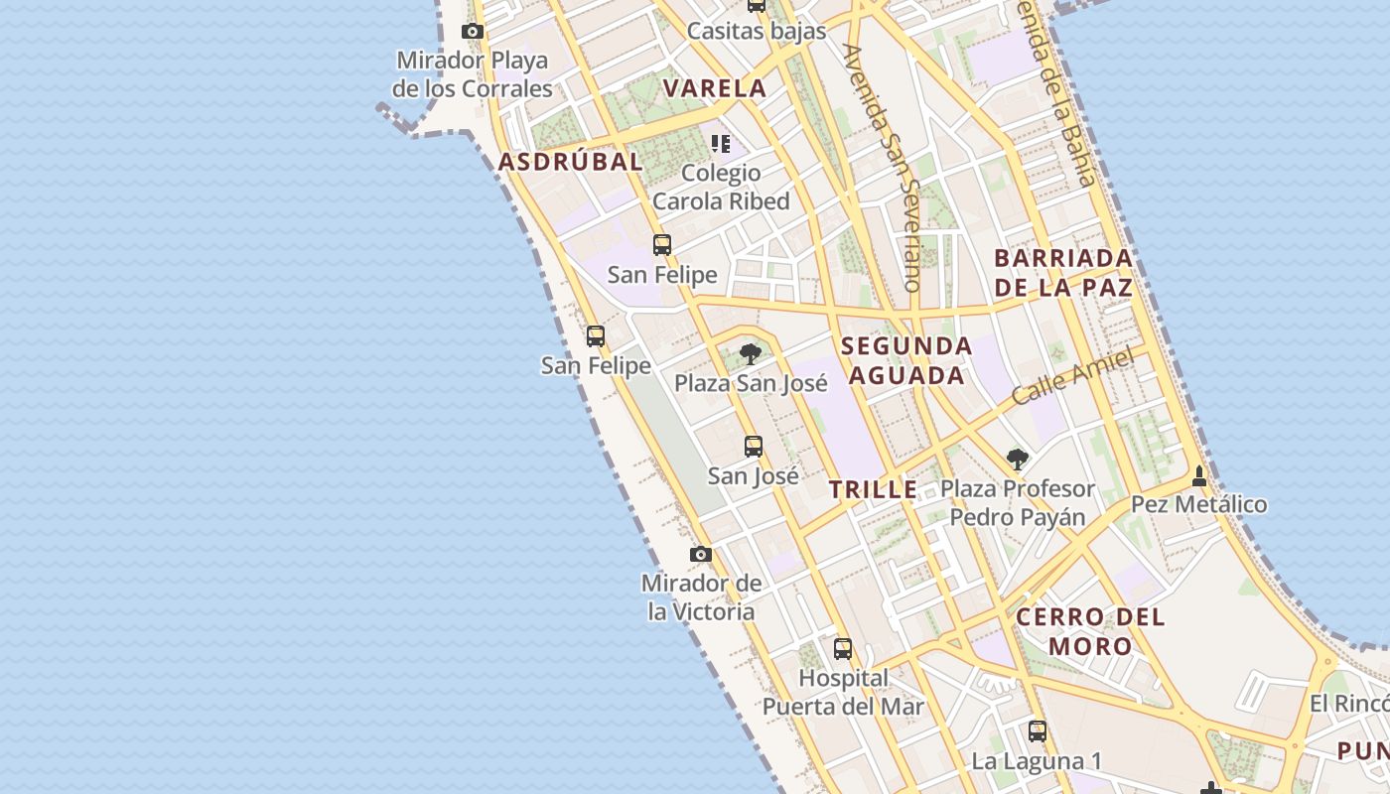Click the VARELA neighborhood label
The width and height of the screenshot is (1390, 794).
(x=715, y=88)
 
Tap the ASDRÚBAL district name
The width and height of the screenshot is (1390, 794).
(x=571, y=162)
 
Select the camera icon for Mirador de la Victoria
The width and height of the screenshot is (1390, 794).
(x=701, y=554)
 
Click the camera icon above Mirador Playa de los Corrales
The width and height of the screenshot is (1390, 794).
(x=473, y=32)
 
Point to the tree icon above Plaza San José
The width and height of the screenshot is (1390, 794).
(x=751, y=353)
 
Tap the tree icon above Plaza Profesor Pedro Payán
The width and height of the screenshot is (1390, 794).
(x=1017, y=459)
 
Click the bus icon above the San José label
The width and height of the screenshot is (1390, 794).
(x=754, y=447)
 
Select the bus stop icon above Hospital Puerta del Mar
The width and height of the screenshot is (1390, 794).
(x=843, y=649)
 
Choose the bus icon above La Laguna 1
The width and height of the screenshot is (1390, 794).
(x=1038, y=731)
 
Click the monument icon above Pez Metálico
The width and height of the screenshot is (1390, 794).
(x=1199, y=475)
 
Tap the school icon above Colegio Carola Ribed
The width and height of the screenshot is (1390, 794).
(x=721, y=144)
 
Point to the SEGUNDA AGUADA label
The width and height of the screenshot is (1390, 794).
(x=906, y=360)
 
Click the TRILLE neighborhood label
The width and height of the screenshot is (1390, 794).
(x=874, y=489)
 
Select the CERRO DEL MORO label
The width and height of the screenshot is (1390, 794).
(x=1090, y=631)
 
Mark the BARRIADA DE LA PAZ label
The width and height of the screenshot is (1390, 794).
(x=1063, y=273)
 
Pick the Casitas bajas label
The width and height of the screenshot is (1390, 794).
(x=757, y=31)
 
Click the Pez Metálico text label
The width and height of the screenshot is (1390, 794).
(x=1199, y=504)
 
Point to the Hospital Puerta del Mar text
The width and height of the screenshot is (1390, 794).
(x=843, y=693)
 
